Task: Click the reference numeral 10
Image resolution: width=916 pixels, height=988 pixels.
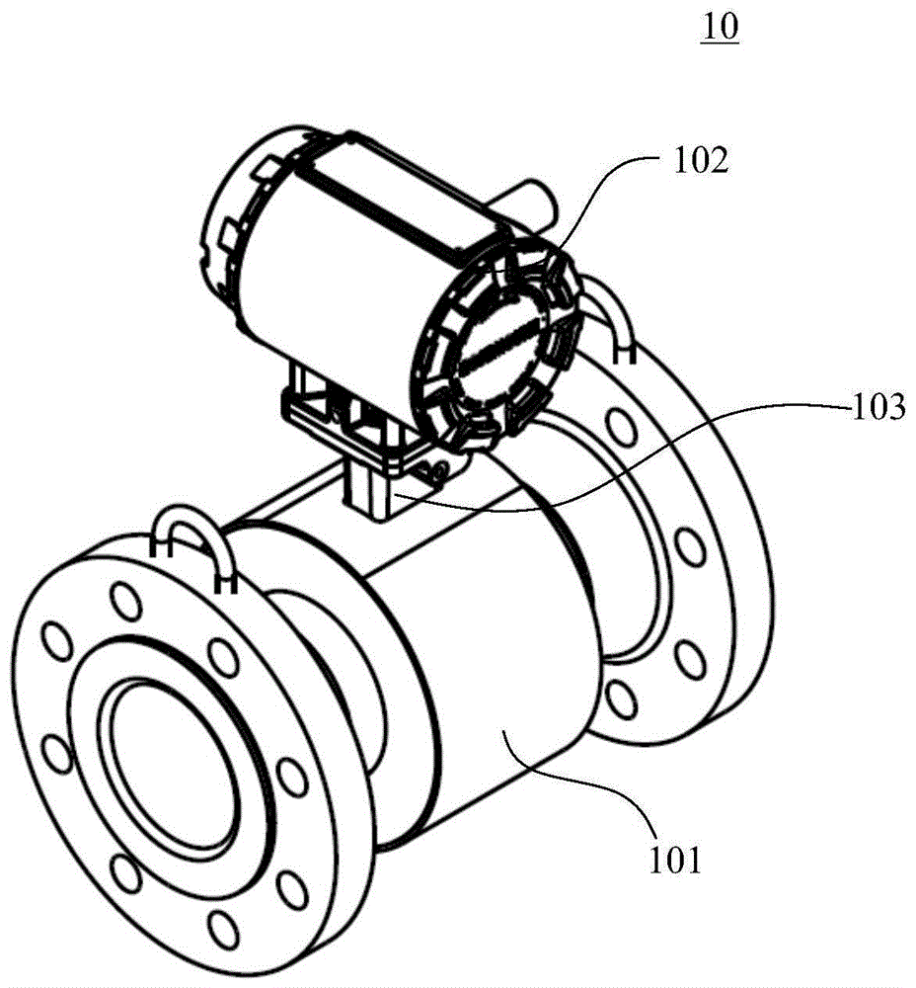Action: pos(721,27)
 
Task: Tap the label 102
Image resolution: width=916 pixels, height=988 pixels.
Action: pos(701,161)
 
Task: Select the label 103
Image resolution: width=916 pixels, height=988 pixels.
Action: pos(878,407)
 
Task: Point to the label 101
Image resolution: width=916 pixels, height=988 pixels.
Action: pos(674,861)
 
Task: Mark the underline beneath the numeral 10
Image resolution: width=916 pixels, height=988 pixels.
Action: pos(721,42)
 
